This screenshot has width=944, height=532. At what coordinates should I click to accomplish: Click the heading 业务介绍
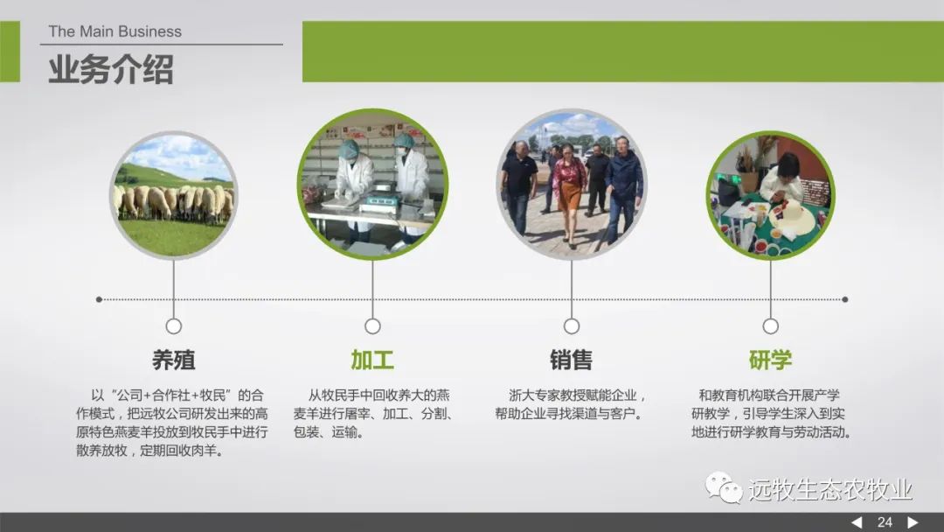(111, 68)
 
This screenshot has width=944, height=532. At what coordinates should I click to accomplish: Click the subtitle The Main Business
(115, 31)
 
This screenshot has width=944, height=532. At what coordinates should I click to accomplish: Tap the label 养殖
(173, 360)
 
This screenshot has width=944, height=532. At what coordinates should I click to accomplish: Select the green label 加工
(372, 360)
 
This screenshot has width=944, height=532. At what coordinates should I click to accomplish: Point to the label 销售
(572, 360)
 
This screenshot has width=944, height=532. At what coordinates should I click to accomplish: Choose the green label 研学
(770, 360)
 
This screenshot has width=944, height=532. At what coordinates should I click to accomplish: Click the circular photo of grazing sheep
(173, 195)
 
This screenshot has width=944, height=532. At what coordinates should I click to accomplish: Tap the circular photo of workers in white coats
(372, 185)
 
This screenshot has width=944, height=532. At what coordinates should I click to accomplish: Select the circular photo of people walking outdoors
(572, 185)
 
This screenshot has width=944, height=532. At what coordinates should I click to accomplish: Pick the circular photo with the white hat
(770, 195)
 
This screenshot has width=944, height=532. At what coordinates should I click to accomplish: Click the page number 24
(885, 522)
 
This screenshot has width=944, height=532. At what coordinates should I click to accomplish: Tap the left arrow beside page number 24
(857, 522)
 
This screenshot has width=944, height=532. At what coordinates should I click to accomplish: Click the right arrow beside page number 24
(913, 522)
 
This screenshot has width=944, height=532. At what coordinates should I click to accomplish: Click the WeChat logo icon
(723, 487)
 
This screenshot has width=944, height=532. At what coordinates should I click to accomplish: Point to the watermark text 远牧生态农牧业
(830, 489)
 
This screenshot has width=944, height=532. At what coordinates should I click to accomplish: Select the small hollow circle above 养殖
(173, 326)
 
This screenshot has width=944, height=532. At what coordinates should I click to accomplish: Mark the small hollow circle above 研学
(770, 326)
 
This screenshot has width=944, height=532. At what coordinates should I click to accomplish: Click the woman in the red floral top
(568, 192)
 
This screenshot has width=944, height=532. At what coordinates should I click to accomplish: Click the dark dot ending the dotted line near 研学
(844, 299)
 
